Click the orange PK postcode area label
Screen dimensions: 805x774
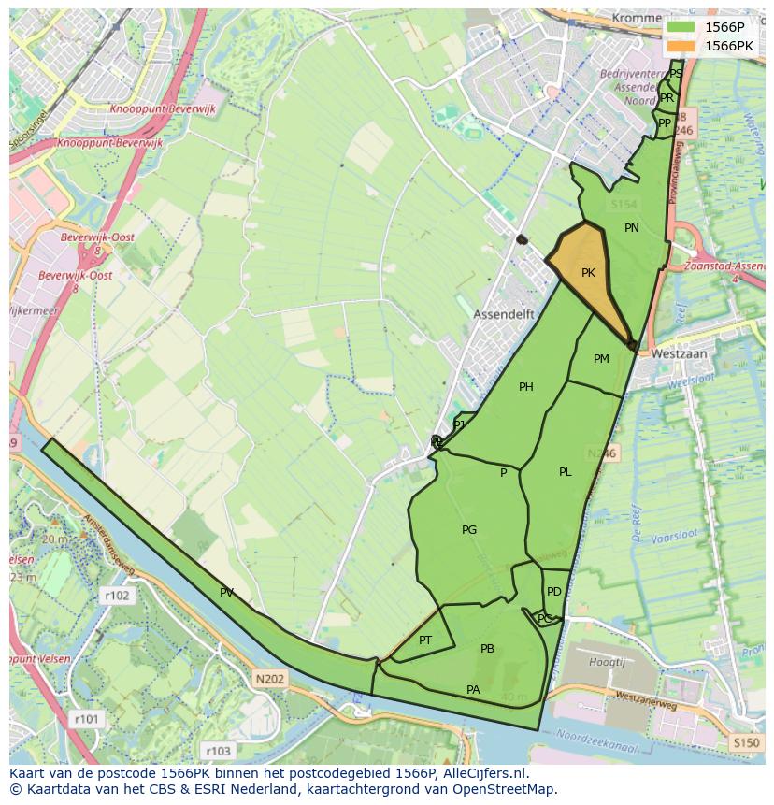point(588,273)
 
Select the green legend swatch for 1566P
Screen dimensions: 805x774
point(682,27)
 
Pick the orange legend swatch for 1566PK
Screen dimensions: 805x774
point(682,46)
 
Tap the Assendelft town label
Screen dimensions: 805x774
point(503,314)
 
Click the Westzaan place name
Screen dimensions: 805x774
point(678,354)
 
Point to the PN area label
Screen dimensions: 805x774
point(632,228)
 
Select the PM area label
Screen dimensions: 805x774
point(601,359)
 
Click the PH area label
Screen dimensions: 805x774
point(526,387)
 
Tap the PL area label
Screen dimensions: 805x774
point(566,472)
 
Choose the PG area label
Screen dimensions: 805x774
point(469,530)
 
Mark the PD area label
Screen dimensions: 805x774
point(554,592)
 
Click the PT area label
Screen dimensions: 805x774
point(425,640)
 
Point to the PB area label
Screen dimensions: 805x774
point(487,649)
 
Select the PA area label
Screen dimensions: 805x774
point(473,690)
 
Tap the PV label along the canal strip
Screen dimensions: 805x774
point(226,593)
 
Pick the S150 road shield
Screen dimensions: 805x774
point(746,743)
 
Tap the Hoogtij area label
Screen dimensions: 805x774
point(609,662)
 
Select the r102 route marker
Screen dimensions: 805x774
point(117,595)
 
